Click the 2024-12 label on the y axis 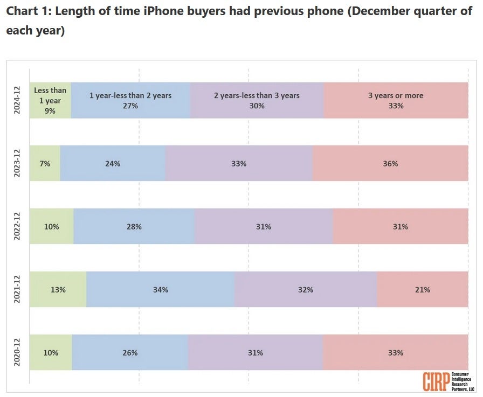pyautogui.click(x=17, y=100)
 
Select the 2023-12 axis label pyautogui.click(x=17, y=163)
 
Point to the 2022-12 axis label pyautogui.click(x=17, y=226)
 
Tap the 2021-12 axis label pyautogui.click(x=17, y=289)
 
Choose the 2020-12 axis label pyautogui.click(x=17, y=352)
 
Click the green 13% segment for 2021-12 pyautogui.click(x=58, y=289)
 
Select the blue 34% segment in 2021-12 pyautogui.click(x=160, y=289)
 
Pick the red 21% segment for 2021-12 pyautogui.click(x=423, y=289)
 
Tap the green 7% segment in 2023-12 pyautogui.click(x=45, y=163)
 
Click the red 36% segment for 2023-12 pyautogui.click(x=390, y=163)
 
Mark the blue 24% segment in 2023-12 pyautogui.click(x=113, y=163)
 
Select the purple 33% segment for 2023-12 pyautogui.click(x=239, y=163)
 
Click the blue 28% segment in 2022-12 pyautogui.click(x=134, y=226)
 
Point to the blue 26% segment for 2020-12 pyautogui.click(x=130, y=352)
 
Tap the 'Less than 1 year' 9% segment pyautogui.click(x=50, y=100)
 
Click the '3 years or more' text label pyautogui.click(x=396, y=95)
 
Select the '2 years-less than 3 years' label pyautogui.click(x=257, y=95)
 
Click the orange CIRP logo pyautogui.click(x=436, y=381)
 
